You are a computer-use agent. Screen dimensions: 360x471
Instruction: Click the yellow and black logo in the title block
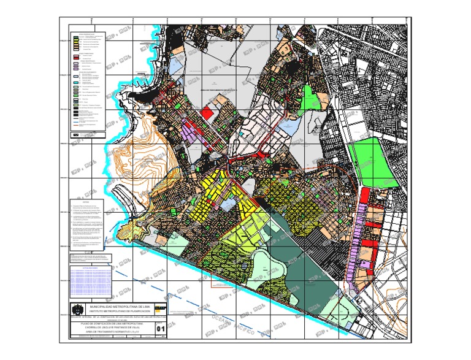click(161, 309)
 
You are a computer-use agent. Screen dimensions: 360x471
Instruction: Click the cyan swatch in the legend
click(75, 83)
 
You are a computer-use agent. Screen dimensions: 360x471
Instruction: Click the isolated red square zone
click(209, 112)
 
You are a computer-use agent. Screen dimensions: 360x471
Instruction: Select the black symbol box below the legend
click(76, 133)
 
